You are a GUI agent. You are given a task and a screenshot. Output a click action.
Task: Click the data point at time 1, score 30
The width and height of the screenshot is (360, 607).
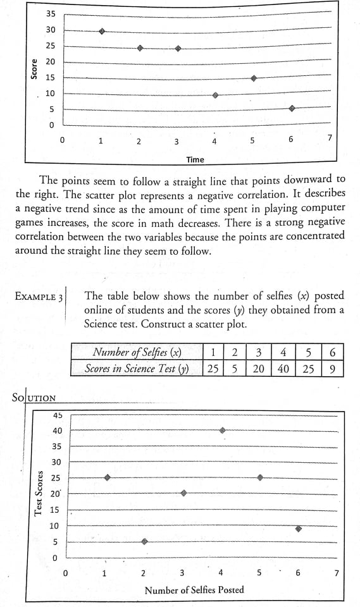tap(102, 30)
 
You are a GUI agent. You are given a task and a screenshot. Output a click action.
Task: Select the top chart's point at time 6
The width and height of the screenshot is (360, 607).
tap(292, 108)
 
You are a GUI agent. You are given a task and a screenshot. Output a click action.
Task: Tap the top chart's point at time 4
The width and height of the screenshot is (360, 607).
tap(215, 95)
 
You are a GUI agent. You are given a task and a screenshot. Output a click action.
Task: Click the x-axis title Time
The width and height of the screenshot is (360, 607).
tap(195, 159)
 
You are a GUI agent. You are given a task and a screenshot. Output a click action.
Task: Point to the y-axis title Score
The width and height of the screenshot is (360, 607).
tap(34, 69)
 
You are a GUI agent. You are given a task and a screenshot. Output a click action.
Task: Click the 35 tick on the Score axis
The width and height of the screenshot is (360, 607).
tap(51, 14)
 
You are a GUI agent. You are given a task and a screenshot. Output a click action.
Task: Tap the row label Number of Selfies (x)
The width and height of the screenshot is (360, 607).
tap(137, 353)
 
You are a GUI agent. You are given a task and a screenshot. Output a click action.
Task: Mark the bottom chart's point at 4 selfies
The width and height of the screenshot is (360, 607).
tap(222, 430)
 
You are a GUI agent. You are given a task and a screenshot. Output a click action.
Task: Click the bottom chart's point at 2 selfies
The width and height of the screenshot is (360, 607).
tap(144, 541)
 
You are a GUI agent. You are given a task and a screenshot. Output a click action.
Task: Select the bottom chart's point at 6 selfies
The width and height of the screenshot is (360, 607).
tap(298, 529)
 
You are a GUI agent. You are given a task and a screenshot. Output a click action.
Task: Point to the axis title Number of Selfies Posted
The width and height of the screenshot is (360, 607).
tap(194, 590)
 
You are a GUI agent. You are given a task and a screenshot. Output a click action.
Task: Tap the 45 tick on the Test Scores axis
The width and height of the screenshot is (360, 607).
tap(57, 415)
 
